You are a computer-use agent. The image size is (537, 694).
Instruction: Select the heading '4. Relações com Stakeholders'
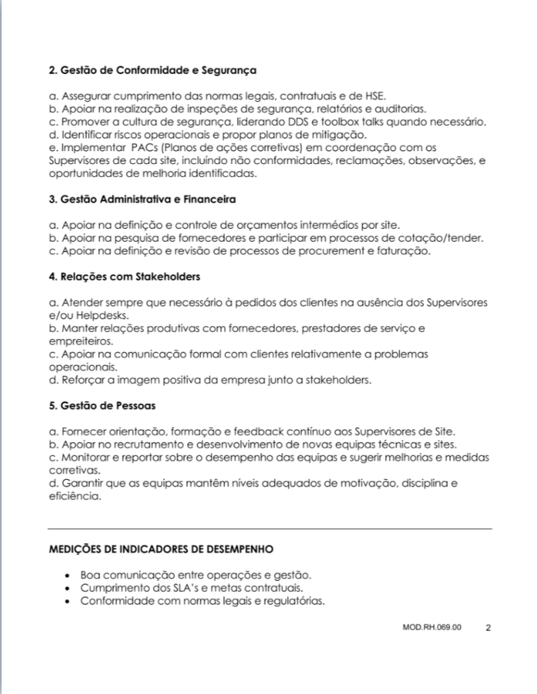125,277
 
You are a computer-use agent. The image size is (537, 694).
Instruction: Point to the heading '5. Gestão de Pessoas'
102,405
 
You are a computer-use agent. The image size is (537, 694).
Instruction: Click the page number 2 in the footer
488,628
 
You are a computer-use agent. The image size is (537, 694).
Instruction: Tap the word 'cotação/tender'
450,238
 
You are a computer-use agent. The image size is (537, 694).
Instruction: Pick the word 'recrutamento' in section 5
152,445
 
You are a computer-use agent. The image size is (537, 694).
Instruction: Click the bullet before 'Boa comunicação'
68,575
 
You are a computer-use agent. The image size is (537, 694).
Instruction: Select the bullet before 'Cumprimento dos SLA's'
68,588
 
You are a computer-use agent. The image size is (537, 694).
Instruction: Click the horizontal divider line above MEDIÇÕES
270,528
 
